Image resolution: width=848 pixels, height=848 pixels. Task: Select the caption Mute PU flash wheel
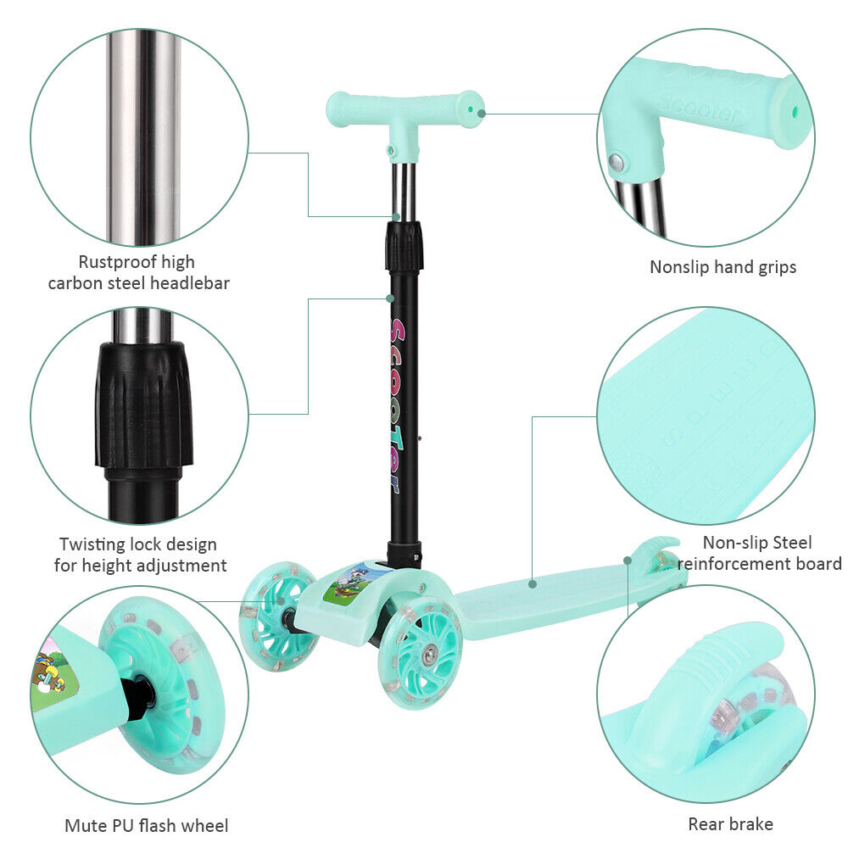tap(147, 826)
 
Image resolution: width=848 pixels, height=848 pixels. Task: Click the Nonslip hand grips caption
tap(723, 267)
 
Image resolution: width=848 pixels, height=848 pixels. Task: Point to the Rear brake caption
tap(731, 824)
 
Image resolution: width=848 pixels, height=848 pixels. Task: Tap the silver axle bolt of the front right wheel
tap(430, 655)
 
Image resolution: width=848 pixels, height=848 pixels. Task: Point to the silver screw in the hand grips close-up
tap(616, 162)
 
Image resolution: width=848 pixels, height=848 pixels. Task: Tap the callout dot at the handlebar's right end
tap(481, 113)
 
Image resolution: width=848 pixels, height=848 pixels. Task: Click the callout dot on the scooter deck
tap(533, 584)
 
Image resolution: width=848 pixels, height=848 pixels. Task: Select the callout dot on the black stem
tap(389, 298)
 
